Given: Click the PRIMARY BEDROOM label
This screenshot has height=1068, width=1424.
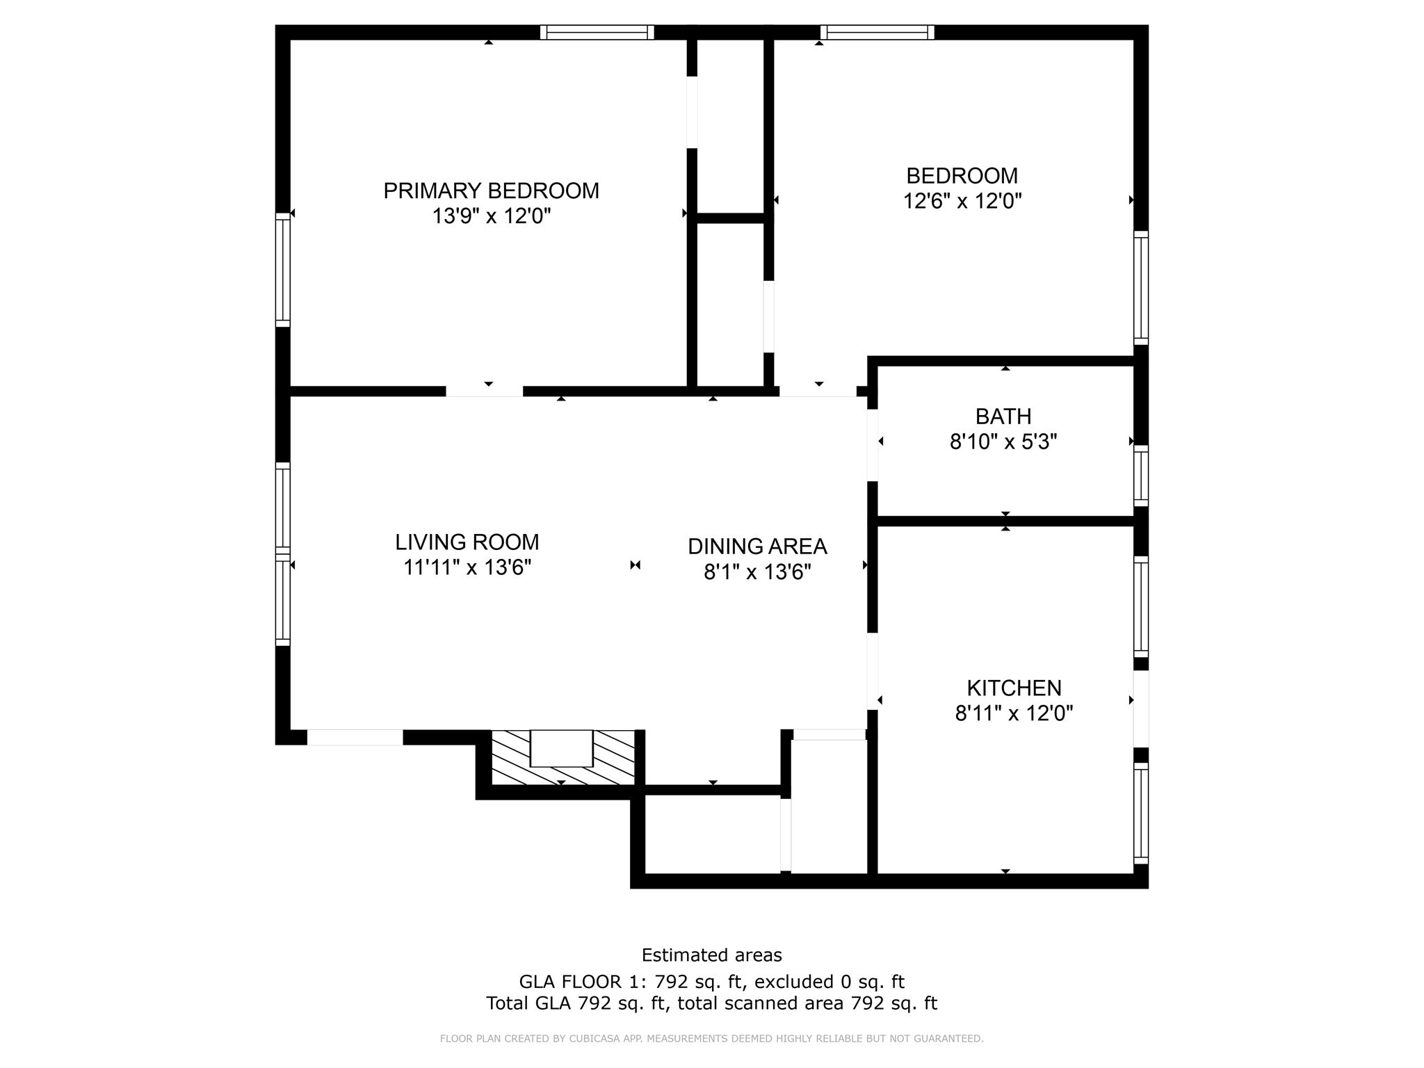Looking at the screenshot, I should [x=491, y=191].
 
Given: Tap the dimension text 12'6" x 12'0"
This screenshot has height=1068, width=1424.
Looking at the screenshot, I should [x=962, y=202].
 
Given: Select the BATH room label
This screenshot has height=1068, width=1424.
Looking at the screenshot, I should [x=1003, y=416].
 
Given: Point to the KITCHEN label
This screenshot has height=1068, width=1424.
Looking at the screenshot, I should [x=1014, y=688].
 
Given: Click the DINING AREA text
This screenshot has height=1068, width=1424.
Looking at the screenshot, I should [x=757, y=547].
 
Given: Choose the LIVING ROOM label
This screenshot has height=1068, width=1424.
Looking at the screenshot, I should [x=467, y=542].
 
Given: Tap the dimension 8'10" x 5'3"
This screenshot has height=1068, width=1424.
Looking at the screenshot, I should [x=1003, y=442].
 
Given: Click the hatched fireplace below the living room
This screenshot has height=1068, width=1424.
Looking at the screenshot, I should [x=563, y=757].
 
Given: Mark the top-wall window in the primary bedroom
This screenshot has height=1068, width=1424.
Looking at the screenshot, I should [x=597, y=32].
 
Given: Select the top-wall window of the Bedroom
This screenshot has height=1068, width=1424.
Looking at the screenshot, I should [x=877, y=32].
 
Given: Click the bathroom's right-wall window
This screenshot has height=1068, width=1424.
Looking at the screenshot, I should [x=1140, y=476].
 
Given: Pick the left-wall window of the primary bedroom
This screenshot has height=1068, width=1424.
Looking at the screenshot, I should [x=282, y=270].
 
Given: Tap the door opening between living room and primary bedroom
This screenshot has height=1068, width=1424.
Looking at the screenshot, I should [x=484, y=391].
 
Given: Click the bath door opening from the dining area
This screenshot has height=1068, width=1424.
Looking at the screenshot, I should [x=872, y=445].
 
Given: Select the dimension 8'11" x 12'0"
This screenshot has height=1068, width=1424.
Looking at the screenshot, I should [x=1014, y=713].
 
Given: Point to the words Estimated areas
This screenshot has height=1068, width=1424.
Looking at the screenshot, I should [x=711, y=955].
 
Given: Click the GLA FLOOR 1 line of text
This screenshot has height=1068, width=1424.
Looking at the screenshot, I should [x=711, y=981].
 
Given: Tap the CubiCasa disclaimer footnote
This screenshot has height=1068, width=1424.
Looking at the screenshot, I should [x=711, y=1039].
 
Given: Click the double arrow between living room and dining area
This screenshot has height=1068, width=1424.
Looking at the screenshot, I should [x=635, y=565].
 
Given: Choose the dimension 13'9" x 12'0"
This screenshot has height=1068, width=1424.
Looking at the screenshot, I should [x=491, y=216].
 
